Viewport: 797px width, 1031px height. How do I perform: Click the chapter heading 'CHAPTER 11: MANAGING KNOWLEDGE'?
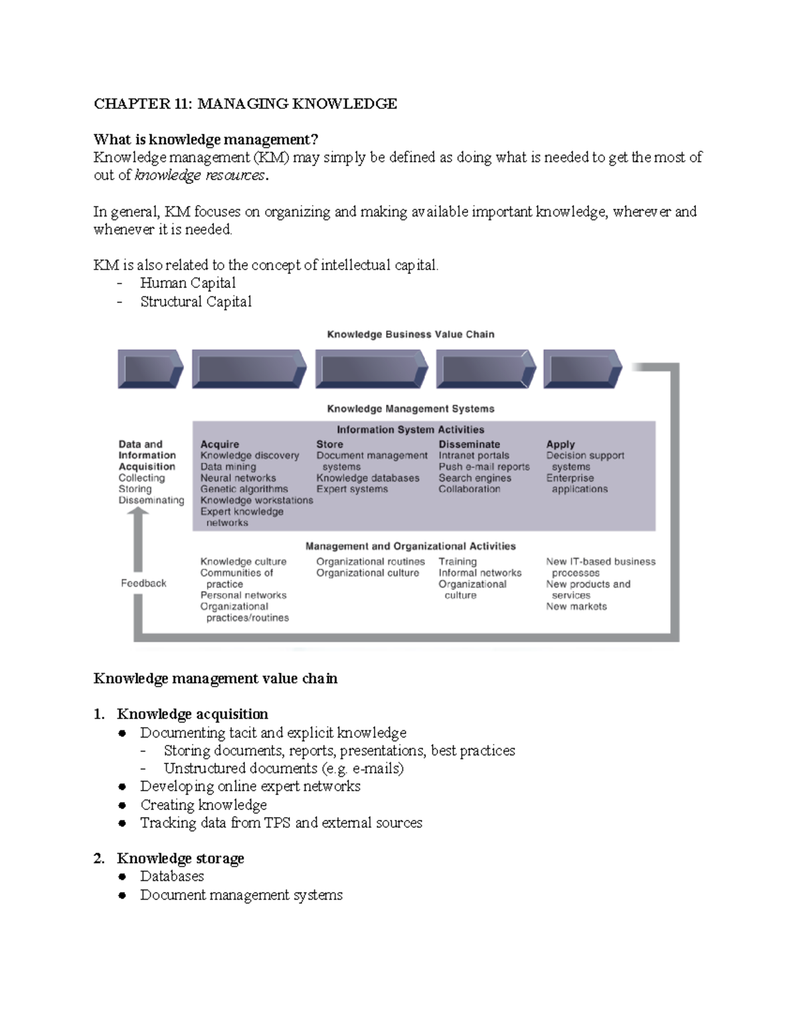coord(245,104)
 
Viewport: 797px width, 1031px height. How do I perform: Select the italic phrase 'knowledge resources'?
coord(199,176)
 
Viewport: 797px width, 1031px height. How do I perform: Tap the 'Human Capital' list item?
coord(188,283)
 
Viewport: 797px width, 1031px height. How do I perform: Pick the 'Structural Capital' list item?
coord(196,302)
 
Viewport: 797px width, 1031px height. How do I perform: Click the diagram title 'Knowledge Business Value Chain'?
coord(410,335)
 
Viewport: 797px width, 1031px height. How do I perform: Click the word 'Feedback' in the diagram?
coord(143,584)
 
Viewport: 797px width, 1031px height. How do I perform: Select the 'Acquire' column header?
coord(219,445)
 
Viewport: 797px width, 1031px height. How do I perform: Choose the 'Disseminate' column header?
coord(469,445)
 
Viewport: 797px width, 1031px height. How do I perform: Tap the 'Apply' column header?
coord(561,445)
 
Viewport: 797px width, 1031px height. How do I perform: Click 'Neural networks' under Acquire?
coord(238,478)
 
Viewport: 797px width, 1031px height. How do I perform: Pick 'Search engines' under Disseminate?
coord(474,478)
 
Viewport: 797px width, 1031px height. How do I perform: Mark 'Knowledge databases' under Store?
coord(367,478)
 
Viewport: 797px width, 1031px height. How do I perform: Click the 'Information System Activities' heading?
coord(410,430)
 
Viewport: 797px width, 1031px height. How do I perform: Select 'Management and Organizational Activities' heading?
coord(410,546)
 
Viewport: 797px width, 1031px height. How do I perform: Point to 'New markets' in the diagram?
coord(576,607)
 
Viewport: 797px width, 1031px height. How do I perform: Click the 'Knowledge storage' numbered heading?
coord(180,858)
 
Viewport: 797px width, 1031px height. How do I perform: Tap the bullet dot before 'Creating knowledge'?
coord(122,805)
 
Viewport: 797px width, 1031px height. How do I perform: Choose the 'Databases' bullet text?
coord(172,876)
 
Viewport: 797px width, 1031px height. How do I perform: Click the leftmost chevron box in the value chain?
coord(150,368)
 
